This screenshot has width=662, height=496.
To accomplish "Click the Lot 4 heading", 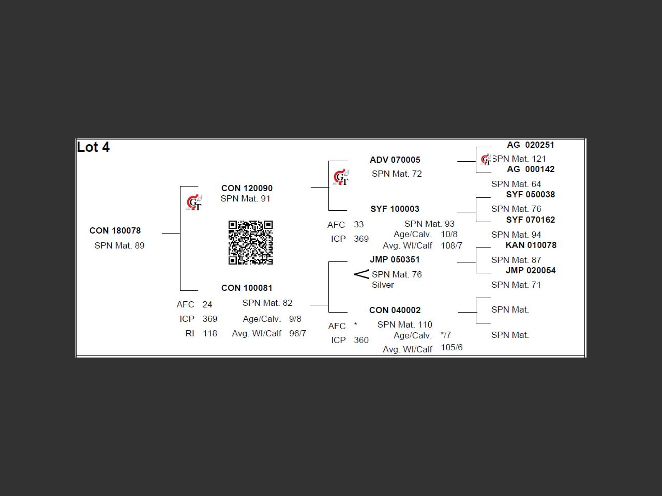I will [94, 147].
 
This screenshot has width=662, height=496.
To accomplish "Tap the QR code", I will [251, 242].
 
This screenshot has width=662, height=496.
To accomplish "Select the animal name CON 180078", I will [115, 230].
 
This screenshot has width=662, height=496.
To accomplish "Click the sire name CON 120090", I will [247, 188].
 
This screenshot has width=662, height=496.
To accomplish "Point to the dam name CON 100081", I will [247, 288].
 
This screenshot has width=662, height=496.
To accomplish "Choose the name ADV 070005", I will [395, 160].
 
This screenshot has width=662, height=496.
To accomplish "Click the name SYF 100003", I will [395, 209].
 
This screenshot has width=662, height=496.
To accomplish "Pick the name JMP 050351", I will [395, 259].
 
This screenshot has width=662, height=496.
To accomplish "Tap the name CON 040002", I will [395, 310].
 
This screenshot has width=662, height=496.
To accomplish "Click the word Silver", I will [383, 285].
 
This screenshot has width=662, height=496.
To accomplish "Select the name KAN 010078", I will [531, 245].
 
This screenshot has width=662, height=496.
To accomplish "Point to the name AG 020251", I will [530, 145].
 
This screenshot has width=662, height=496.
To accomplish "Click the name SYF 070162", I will [530, 220].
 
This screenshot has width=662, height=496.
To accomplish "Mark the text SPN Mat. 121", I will [519, 159].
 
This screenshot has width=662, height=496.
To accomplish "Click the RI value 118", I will [210, 333].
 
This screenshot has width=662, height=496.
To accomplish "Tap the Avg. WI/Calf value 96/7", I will [297, 333].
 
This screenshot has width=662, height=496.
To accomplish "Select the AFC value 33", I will [359, 224].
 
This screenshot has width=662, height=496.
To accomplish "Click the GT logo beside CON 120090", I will [194, 203].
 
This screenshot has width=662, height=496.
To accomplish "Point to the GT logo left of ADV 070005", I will [341, 178].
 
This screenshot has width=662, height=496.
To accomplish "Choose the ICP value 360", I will [361, 340].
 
